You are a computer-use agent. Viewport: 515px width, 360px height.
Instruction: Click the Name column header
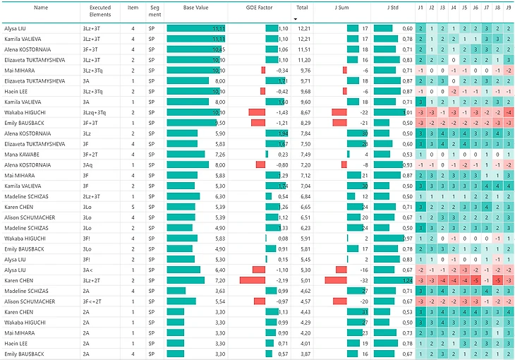point(41,8)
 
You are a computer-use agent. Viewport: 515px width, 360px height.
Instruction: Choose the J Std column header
point(393,8)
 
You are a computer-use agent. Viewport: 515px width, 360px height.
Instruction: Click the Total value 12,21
point(304,28)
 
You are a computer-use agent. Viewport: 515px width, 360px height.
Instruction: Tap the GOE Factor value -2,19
point(282,280)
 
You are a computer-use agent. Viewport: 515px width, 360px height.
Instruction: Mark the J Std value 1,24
point(407,280)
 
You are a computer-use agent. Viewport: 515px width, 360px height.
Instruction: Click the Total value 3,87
point(304,353)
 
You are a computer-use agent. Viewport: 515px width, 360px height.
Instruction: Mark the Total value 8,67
point(304,112)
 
